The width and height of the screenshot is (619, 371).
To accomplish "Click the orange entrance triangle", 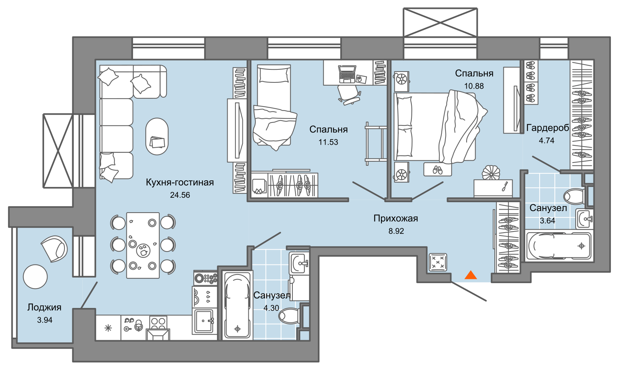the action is point(471,275).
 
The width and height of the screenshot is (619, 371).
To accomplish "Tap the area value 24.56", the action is point(180,195).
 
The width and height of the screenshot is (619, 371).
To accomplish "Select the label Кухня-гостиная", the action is point(180,182).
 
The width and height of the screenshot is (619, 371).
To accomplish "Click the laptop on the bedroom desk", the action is point(347,74).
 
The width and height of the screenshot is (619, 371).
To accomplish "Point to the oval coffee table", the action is point(157,137).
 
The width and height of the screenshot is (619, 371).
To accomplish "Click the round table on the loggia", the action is point(35,277).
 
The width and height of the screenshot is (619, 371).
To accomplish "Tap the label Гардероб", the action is point(547,128).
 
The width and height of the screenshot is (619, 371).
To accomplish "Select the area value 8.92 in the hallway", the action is point(396,231).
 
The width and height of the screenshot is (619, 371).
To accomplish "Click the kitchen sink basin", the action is point(204,321).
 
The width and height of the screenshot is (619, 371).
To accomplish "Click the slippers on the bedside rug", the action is point(437,170).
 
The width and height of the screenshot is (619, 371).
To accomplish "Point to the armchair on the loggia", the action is point(54,249).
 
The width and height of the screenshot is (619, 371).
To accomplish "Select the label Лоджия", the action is point(44,307).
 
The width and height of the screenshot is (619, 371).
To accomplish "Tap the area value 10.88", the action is point(474,86).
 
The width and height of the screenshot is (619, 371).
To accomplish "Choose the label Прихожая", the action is point(396,219).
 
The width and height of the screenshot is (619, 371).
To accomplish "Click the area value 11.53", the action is point(328,142).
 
